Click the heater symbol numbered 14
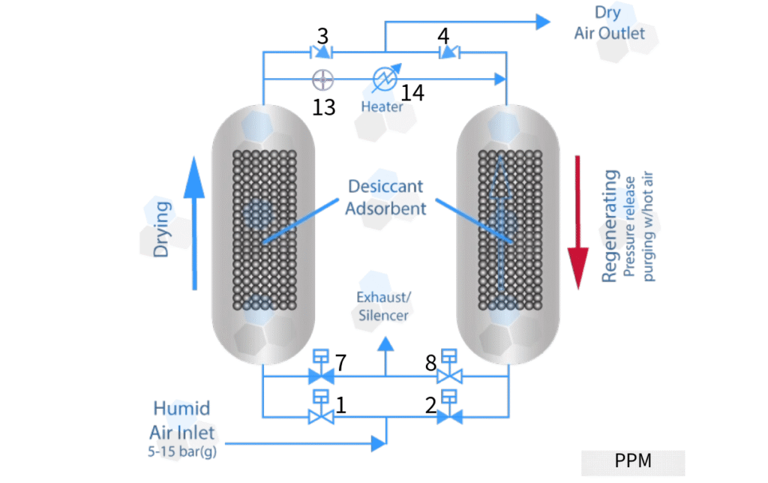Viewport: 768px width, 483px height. click(384, 78)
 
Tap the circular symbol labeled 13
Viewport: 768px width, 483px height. click(322, 78)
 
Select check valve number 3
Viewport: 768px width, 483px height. click(322, 52)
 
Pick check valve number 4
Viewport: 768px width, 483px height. click(448, 52)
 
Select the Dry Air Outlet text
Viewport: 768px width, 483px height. click(609, 22)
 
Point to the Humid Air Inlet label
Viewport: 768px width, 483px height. click(182, 420)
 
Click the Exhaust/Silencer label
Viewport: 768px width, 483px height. click(382, 307)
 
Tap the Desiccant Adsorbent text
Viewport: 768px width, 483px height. click(385, 196)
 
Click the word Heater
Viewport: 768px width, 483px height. click(382, 106)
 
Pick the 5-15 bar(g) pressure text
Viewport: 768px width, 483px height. click(183, 451)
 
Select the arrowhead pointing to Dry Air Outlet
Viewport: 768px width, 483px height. click(543, 22)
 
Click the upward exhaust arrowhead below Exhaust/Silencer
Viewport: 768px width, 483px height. click(385, 345)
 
